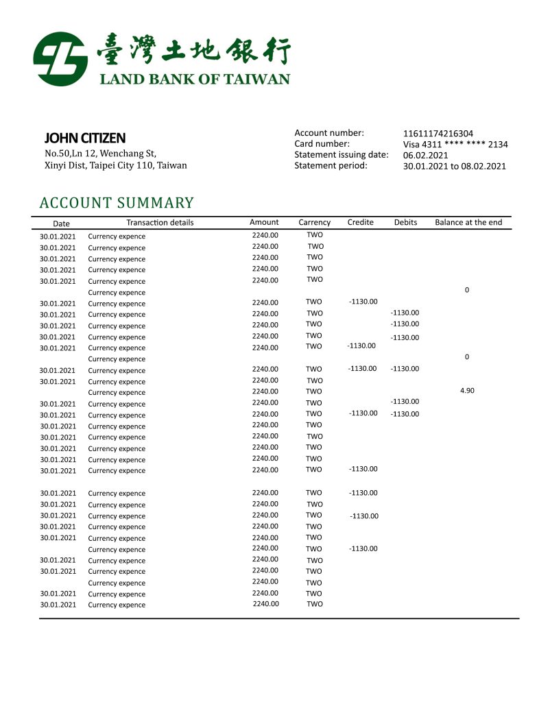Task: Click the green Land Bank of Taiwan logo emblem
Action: tap(60, 58)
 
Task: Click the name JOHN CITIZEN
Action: tap(85, 138)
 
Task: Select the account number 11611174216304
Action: tap(438, 134)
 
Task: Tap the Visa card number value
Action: tap(455, 144)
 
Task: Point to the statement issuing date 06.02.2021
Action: tap(425, 155)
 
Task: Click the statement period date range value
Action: tap(454, 166)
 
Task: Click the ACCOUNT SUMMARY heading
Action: tap(117, 203)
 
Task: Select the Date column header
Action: tap(61, 223)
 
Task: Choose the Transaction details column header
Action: tap(160, 223)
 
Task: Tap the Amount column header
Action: tap(264, 222)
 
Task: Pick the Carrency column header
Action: tap(314, 223)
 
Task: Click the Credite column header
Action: tap(360, 222)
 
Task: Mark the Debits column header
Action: tap(405, 222)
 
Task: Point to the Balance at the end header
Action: tap(468, 222)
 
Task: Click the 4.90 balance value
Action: tap(467, 391)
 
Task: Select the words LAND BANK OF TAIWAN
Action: tap(195, 79)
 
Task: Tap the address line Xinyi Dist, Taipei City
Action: tap(115, 165)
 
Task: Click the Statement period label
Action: tap(331, 165)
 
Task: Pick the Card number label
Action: tap(322, 144)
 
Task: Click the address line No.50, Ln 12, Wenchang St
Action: tap(100, 154)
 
